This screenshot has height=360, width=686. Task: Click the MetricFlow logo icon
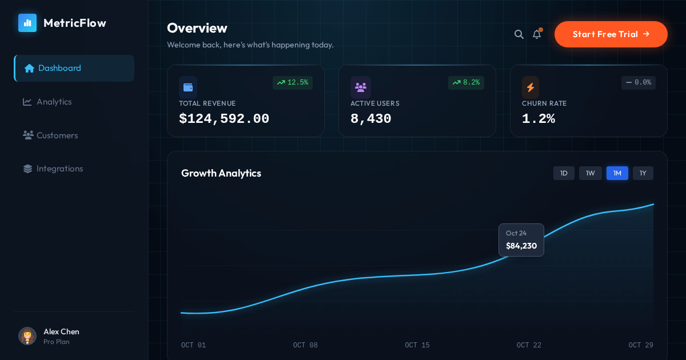[x=27, y=23]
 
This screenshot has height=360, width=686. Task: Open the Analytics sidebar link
[x=54, y=102]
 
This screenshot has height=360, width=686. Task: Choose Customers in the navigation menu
[x=57, y=135]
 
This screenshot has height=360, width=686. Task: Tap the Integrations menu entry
[x=59, y=169]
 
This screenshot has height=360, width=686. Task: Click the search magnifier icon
[x=519, y=34]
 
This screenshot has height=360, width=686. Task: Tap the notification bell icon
[x=537, y=34]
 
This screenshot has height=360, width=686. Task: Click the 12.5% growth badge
[x=293, y=83]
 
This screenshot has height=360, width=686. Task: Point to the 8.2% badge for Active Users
[x=466, y=83]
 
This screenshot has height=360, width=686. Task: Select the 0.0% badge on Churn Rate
[x=639, y=83]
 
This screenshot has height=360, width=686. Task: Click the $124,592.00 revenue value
[x=224, y=119]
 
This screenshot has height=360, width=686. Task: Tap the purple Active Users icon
[x=361, y=87]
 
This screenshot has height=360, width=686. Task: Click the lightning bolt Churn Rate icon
[x=531, y=87]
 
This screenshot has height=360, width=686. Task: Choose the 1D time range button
[x=564, y=173]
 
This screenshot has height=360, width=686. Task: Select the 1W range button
[x=591, y=173]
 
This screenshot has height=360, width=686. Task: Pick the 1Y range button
[x=643, y=173]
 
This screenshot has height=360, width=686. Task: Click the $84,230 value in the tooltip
[x=521, y=246]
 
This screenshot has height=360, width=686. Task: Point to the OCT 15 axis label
[x=417, y=345]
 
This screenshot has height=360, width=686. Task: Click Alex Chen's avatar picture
[x=27, y=336]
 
